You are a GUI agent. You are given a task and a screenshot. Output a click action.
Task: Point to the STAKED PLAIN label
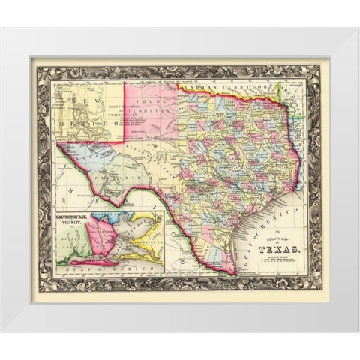click(151, 118)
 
